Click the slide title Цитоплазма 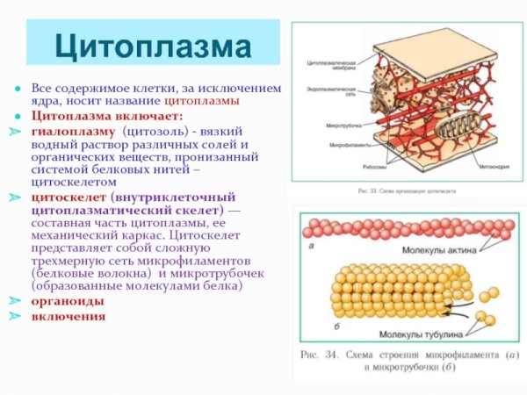(153, 44)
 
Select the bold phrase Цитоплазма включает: (107, 116)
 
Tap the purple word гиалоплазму (74, 131)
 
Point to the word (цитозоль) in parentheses (155, 131)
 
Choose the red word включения (69, 316)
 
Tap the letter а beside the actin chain (312, 247)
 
